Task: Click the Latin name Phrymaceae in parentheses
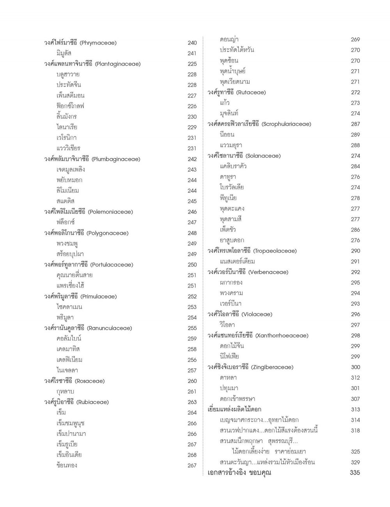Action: [x=98, y=43]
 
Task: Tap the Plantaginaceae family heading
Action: [x=92, y=64]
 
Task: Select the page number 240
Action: [x=192, y=43]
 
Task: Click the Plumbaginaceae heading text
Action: [x=92, y=159]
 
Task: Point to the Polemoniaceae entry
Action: [x=89, y=212]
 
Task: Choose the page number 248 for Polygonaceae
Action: [x=192, y=233]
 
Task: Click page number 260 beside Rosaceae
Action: [x=192, y=381]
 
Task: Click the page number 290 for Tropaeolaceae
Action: [x=355, y=251]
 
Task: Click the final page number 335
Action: [x=355, y=473]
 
